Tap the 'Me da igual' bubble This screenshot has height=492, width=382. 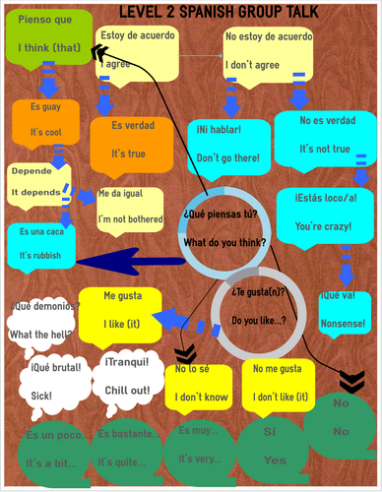tap(129, 207)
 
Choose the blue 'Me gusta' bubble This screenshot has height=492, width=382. tap(136, 310)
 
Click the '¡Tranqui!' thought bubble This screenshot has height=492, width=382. tap(128, 377)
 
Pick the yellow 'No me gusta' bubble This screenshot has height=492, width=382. tap(279, 384)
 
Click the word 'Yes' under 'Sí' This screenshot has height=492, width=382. tap(275, 460)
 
